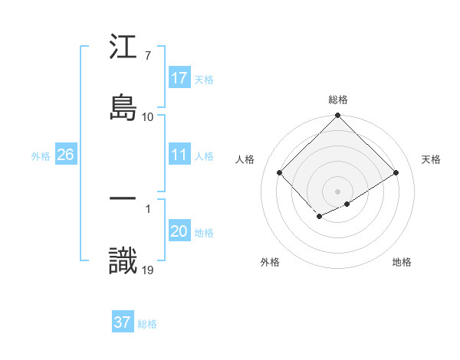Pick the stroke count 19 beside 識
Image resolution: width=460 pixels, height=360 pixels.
pyautogui.click(x=148, y=269)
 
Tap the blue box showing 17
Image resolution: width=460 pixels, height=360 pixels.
pyautogui.click(x=179, y=78)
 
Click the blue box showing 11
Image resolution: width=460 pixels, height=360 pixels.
pyautogui.click(x=179, y=155)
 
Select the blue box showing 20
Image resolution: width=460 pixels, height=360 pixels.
pyautogui.click(x=179, y=232)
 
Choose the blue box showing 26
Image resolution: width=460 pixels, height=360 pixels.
pyautogui.click(x=65, y=155)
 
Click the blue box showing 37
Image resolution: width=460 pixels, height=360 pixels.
pyautogui.click(x=123, y=322)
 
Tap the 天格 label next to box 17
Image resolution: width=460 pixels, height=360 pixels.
pyautogui.click(x=204, y=79)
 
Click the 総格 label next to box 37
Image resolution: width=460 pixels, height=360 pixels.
pyautogui.click(x=147, y=324)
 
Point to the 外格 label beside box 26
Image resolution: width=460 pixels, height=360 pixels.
pyautogui.click(x=41, y=155)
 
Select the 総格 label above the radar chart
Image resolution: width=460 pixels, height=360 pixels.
pyautogui.click(x=337, y=100)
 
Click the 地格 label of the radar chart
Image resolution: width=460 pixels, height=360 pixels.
pyautogui.click(x=402, y=262)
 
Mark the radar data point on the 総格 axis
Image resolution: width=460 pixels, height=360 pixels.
pyautogui.click(x=337, y=116)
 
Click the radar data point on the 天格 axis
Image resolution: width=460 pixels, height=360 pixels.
pyautogui.click(x=396, y=173)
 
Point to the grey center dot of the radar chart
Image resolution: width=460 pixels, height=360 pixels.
pyautogui.click(x=337, y=191)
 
